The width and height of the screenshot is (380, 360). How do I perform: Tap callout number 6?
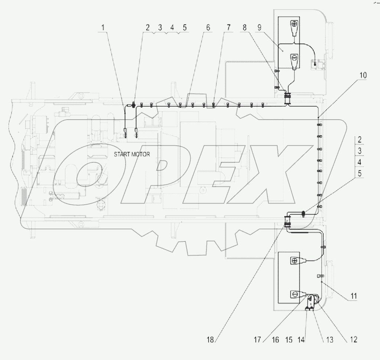[x=207, y=28]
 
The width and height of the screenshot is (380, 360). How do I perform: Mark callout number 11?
[x=353, y=296]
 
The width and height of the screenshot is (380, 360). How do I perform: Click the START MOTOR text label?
[x=132, y=155]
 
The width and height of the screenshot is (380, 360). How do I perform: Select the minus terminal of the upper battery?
[x=294, y=58]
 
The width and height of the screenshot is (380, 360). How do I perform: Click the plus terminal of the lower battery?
[x=294, y=261]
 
